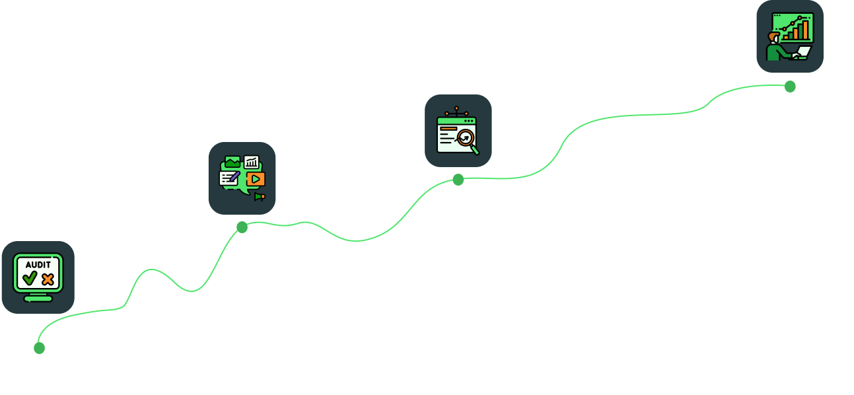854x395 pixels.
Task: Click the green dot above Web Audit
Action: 39,347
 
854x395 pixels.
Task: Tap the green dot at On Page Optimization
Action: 242,227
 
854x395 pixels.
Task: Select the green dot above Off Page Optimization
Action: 458,179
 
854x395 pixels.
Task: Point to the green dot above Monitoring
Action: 790,86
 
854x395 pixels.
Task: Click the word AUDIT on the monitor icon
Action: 38,264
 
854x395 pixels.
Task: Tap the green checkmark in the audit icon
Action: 29,279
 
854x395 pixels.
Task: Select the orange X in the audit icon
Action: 48,279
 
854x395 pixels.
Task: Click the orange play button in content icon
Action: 256,178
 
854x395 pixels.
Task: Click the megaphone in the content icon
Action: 259,196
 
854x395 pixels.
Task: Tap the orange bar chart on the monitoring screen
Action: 801,29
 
